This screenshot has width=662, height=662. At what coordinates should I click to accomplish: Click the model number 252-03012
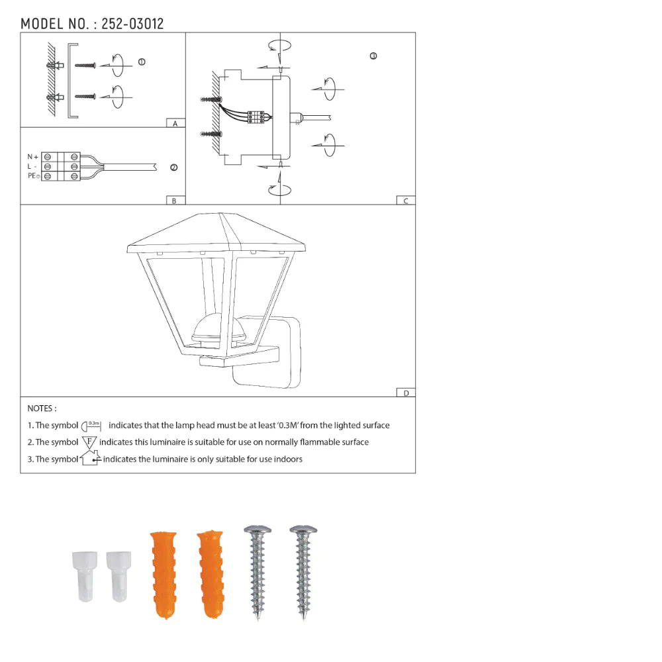132,24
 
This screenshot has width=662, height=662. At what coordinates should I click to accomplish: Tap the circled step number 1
142,62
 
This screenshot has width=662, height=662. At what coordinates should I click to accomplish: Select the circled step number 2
173,167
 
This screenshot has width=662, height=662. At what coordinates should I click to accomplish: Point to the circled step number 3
373,56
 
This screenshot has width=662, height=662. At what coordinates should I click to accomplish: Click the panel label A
175,123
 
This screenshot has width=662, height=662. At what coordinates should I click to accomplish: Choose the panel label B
174,201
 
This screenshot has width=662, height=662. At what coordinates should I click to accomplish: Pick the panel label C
406,201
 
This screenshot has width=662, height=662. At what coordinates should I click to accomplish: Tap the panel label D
406,393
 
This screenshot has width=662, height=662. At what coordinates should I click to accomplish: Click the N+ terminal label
32,157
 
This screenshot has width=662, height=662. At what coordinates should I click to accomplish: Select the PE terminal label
33,175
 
